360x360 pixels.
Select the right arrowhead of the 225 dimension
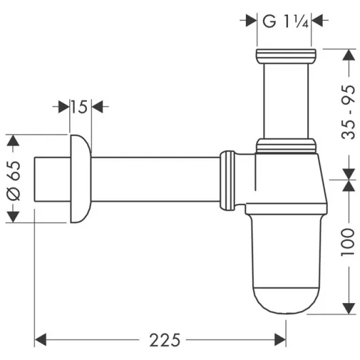point(281,337)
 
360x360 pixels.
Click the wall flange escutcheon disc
point(79,178)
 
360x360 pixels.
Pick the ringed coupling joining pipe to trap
point(231,179)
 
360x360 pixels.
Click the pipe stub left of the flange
point(51,179)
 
